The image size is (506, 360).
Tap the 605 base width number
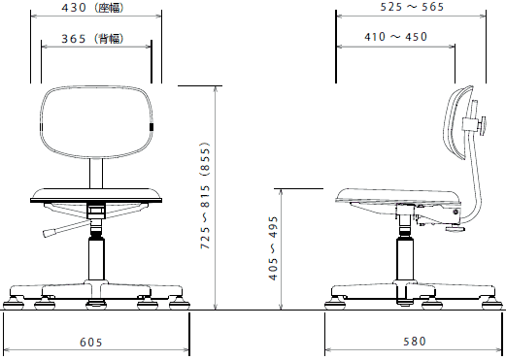point(91,342)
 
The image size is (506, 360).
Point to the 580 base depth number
point(415,342)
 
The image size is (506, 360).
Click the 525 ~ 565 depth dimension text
point(412,7)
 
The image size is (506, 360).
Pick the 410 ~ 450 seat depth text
point(396,37)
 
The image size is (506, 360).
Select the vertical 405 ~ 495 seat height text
point(274,248)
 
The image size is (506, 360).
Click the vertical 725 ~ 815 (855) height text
point(206,195)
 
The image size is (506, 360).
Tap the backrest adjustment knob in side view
point(483,126)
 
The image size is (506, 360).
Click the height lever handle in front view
point(50,233)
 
